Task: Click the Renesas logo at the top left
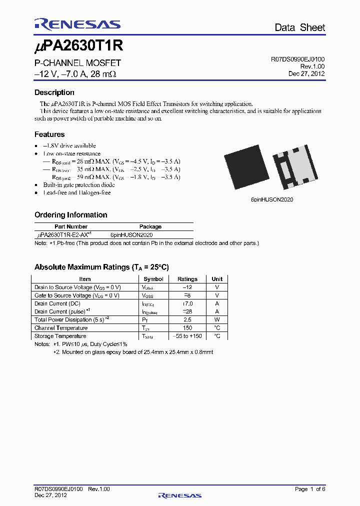[77, 24]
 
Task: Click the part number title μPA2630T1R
[78, 47]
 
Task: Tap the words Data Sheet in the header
[299, 27]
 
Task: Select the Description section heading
[54, 92]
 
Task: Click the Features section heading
[49, 134]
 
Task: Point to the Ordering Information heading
[70, 215]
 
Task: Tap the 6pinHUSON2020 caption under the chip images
[271, 199]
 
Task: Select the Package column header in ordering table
[150, 226]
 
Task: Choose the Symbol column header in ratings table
[153, 279]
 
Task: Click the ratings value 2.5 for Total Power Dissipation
[187, 319]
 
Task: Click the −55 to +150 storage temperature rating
[187, 336]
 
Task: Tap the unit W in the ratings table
[217, 319]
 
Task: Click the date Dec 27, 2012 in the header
[306, 73]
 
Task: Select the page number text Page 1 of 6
[310, 489]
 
